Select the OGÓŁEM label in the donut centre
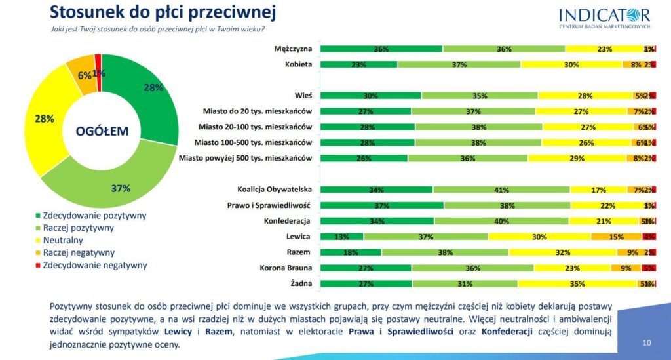click(102, 131)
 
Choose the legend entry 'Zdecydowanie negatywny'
click(94, 265)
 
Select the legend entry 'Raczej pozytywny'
click(78, 228)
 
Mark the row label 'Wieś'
click(303, 96)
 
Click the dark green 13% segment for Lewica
click(341, 237)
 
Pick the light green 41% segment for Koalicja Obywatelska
click(501, 190)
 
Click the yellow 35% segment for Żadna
click(577, 283)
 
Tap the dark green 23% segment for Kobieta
click(358, 64)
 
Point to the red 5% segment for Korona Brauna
click(649, 268)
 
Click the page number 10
click(647, 342)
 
